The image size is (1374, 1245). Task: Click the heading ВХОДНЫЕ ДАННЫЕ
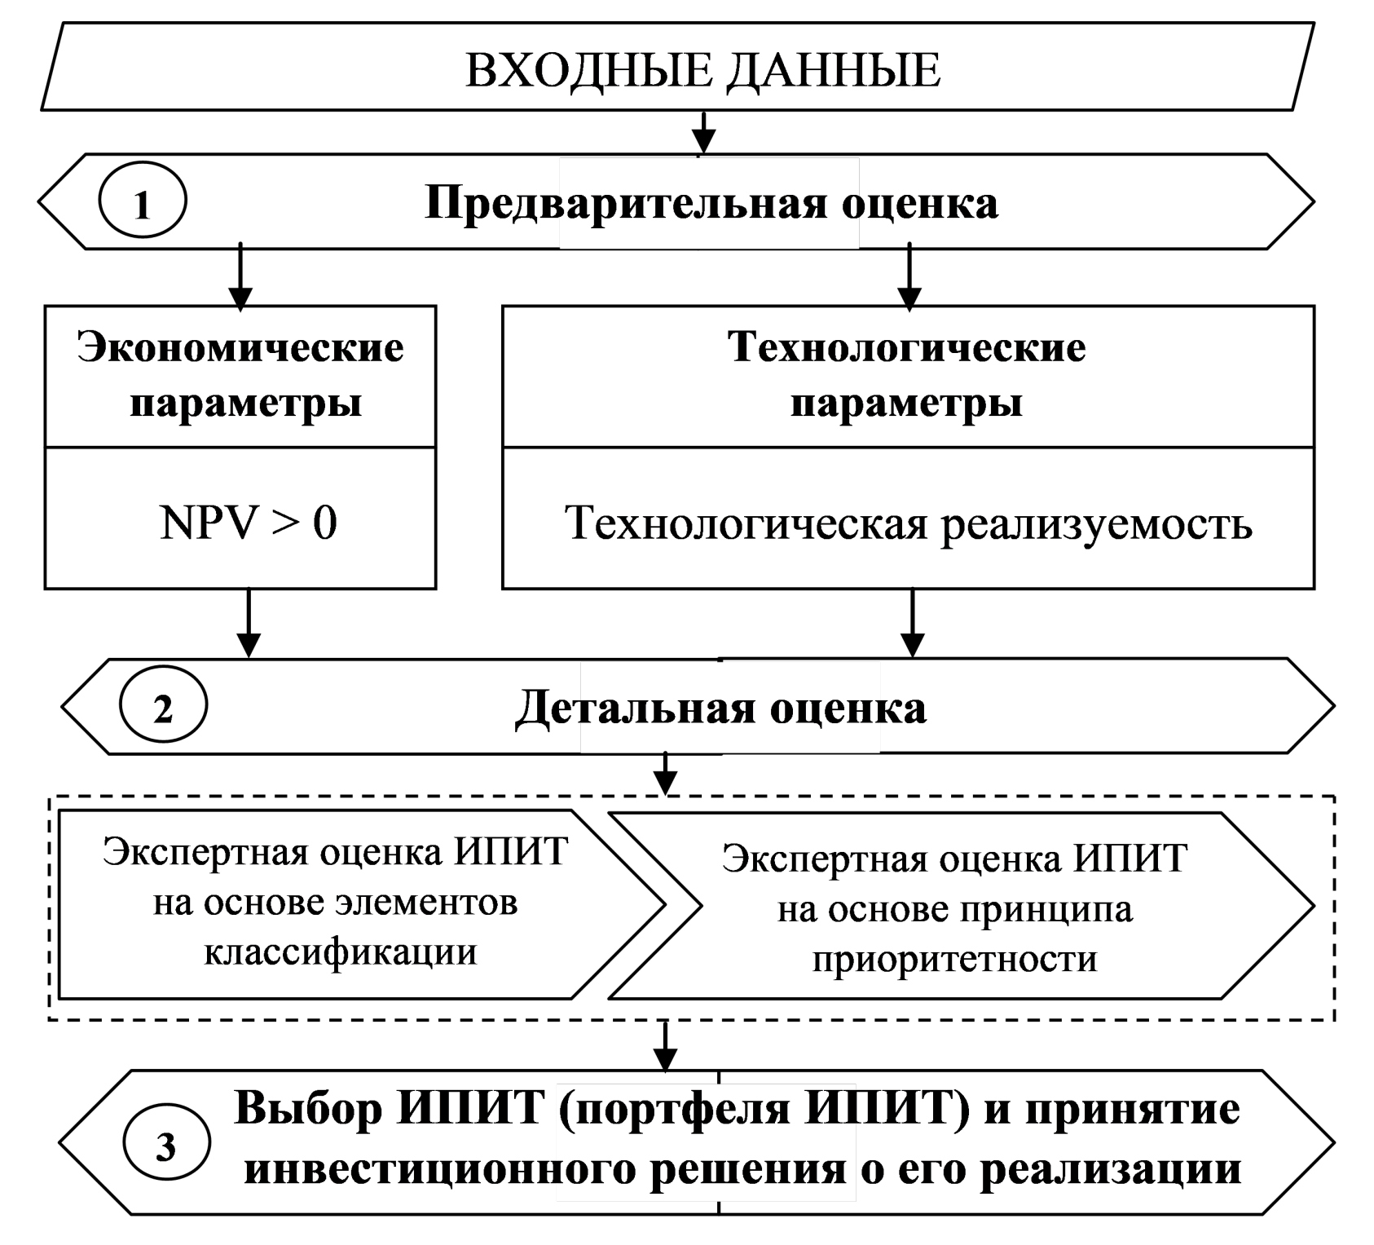click(702, 70)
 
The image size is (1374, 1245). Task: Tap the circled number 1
click(143, 202)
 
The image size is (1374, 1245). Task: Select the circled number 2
click(163, 707)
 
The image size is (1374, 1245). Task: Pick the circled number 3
click(165, 1147)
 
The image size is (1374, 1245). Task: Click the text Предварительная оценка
click(711, 203)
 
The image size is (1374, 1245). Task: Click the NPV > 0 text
click(249, 522)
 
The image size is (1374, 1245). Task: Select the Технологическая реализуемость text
click(908, 523)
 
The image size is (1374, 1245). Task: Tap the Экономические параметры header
click(241, 375)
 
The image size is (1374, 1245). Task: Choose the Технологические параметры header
click(907, 375)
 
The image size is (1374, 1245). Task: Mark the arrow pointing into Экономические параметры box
click(240, 277)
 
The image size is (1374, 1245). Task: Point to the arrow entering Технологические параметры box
click(909, 277)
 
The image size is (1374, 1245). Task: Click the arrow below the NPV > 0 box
click(249, 623)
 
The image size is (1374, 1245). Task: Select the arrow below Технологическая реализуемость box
click(912, 623)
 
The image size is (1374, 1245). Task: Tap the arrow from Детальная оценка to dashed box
click(667, 773)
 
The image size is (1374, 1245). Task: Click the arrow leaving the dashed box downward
click(667, 1046)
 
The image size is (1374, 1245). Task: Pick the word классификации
click(340, 951)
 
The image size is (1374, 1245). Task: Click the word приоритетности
click(954, 960)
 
